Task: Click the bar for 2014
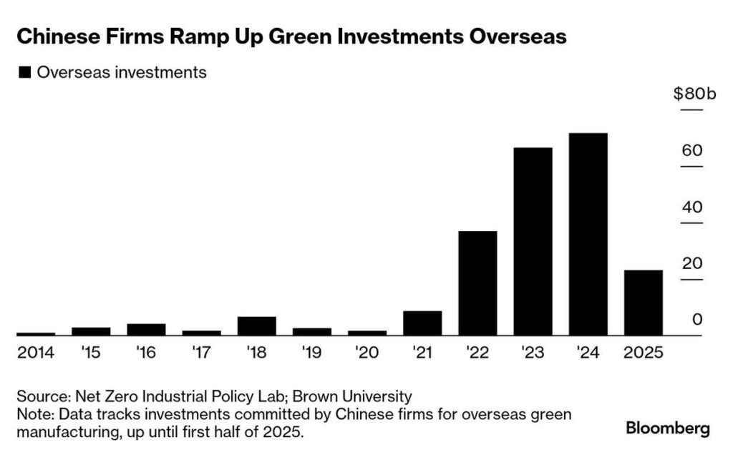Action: (x=36, y=333)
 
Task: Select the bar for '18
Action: (x=256, y=326)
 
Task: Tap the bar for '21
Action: (x=422, y=323)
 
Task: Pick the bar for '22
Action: (x=477, y=283)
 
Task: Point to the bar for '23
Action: (x=533, y=241)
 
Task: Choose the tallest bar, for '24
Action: (x=588, y=234)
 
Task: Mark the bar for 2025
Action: (x=644, y=302)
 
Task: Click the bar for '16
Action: (x=146, y=329)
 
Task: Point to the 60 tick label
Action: (x=692, y=151)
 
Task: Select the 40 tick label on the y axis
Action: (x=692, y=207)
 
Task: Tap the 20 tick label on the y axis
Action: (x=692, y=263)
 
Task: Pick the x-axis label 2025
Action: (x=644, y=352)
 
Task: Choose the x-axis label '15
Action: (x=90, y=352)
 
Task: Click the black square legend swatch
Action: (x=26, y=72)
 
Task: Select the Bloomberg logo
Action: (x=668, y=429)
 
